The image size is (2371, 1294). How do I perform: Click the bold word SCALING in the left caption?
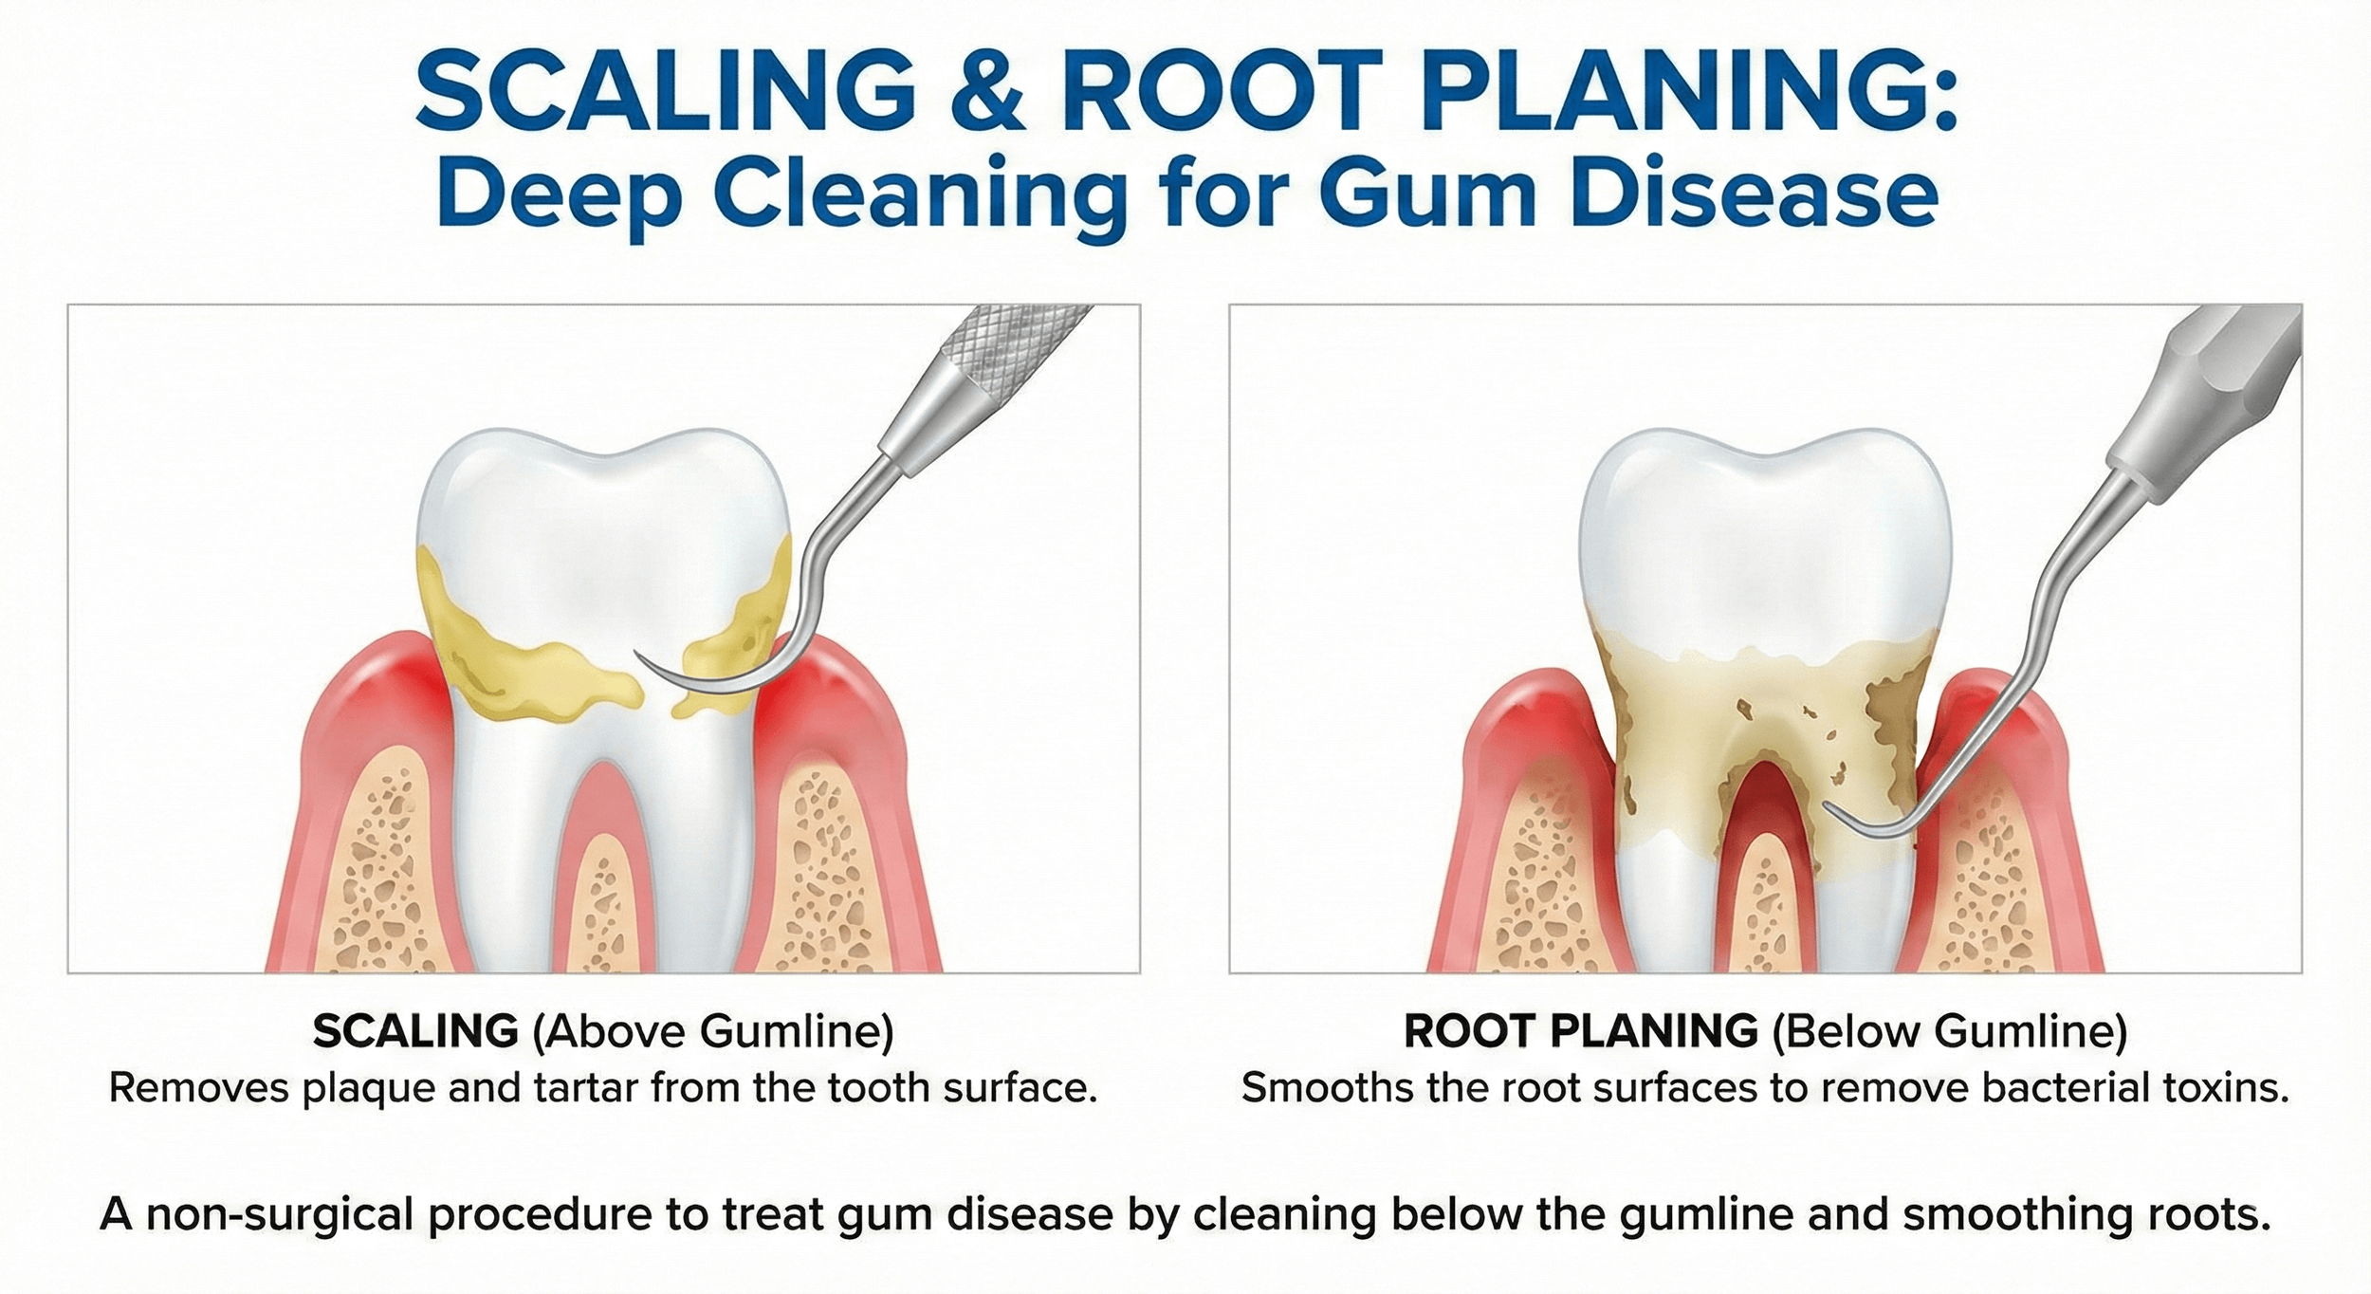(x=415, y=1032)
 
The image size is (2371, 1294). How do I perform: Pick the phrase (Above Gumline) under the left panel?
(x=713, y=1032)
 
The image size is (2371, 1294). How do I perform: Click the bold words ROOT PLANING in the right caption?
(x=1580, y=1032)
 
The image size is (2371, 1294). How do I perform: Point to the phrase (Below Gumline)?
(x=1950, y=1032)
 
